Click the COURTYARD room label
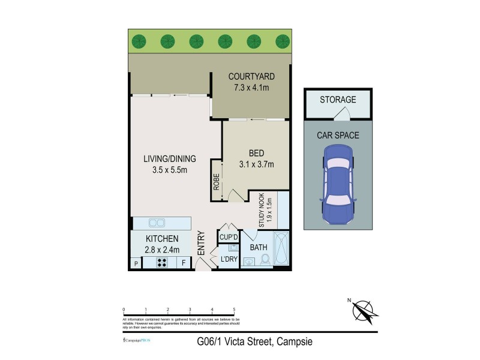[251, 77]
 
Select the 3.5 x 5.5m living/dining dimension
[169, 170]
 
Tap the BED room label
[256, 153]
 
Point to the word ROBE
[216, 182]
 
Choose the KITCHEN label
[161, 239]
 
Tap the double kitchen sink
[157, 223]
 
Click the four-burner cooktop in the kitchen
[162, 262]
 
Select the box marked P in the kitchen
[136, 263]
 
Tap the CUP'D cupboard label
[229, 237]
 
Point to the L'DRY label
[229, 259]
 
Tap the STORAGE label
[338, 100]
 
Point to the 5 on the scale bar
[233, 310]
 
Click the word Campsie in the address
[294, 343]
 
